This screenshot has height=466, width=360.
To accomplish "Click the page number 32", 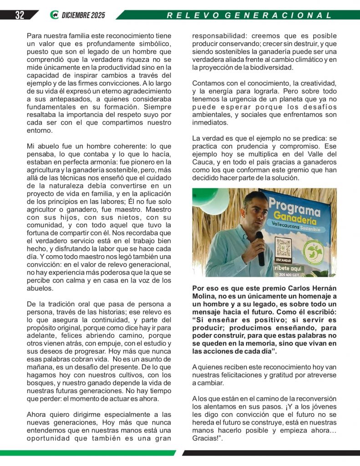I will click(x=19, y=15).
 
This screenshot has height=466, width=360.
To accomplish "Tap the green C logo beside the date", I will click(x=55, y=15).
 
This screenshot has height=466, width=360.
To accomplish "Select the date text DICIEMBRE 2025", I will click(x=83, y=15).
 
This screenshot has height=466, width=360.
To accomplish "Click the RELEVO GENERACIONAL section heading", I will click(x=249, y=15).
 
